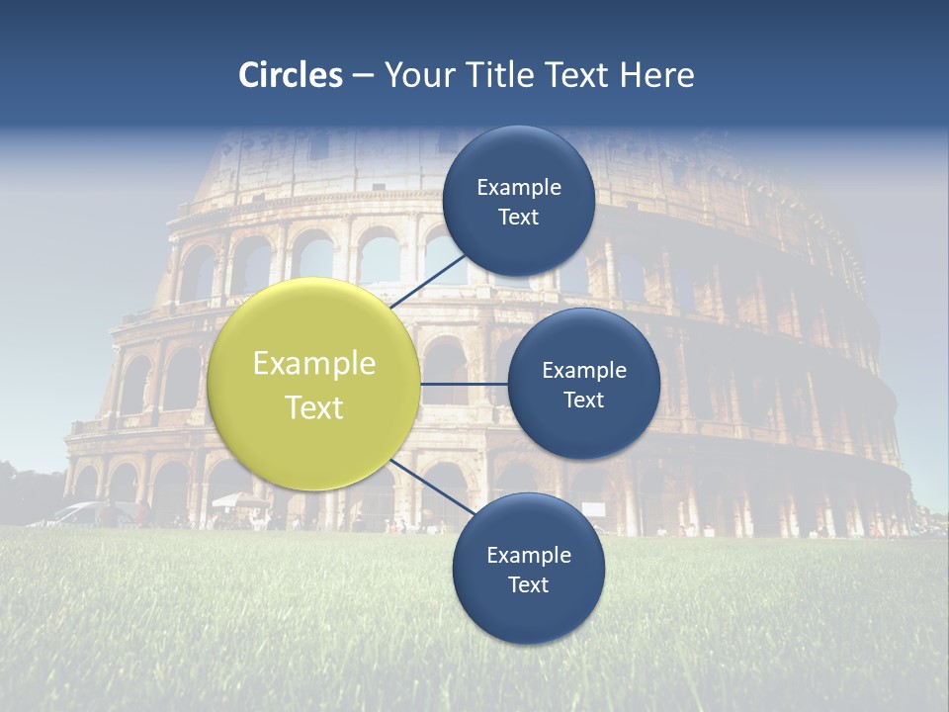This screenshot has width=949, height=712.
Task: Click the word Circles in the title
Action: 291,75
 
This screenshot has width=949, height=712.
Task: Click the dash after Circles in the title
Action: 363,76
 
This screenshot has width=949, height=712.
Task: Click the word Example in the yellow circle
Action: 314,364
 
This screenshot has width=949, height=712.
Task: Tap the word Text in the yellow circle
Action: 314,407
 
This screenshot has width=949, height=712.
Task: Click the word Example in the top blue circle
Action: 518,188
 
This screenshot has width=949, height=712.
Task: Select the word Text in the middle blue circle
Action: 583,400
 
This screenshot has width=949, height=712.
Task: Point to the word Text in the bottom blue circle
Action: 528,585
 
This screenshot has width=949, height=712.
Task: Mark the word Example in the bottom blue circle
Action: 528,556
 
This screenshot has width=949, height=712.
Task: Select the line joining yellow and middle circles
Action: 464,384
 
